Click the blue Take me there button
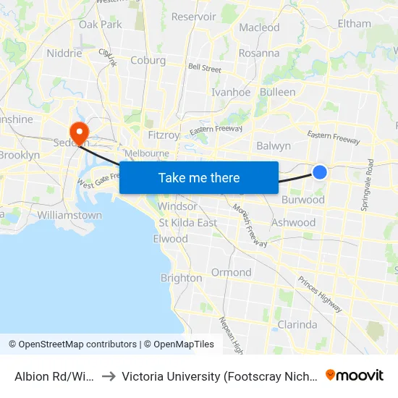pos(199,177)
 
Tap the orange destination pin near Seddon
pos(77,132)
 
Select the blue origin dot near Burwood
pos(320,172)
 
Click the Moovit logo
pos(355,376)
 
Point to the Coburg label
pos(148,61)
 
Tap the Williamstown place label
pos(69,215)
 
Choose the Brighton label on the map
pos(181,278)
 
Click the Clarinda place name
pos(297,324)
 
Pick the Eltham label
pos(354,24)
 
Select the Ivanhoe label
pos(230,92)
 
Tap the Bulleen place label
pos(277,92)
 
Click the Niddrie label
pos(64,53)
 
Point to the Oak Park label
pos(100,24)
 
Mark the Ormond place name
pos(232,272)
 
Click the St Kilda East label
pos(188,222)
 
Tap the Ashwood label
pos(293,223)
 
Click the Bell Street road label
pos(204,68)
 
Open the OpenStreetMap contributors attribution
pos(72,344)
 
